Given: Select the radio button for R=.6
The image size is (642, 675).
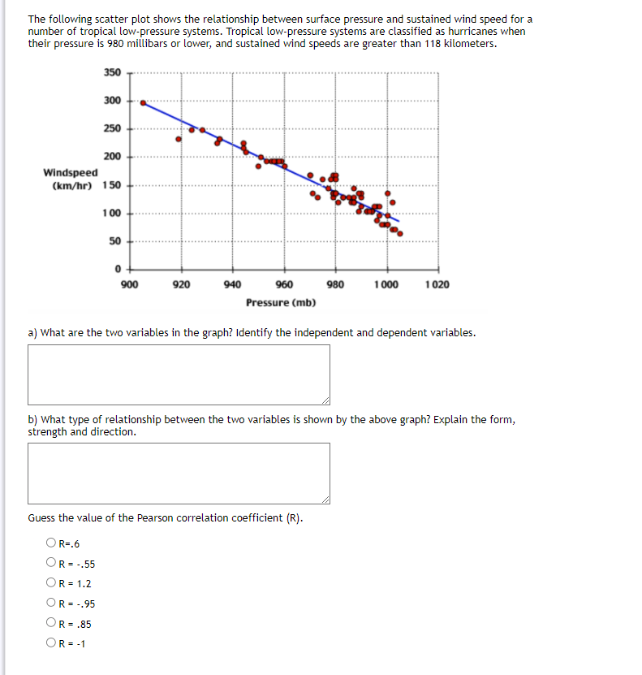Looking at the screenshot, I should tap(51, 544).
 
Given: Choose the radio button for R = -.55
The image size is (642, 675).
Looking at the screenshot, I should tap(51, 564).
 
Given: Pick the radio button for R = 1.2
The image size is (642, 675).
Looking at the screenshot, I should tap(51, 584).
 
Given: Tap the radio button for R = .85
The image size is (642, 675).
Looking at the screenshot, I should tap(51, 624).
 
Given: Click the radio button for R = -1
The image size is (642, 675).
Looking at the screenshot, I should tap(51, 644).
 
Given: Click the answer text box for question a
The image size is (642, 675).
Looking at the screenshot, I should tap(179, 374).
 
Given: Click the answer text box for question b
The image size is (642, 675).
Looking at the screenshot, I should tap(179, 473).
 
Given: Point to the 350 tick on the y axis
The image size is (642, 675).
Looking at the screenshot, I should tap(112, 72).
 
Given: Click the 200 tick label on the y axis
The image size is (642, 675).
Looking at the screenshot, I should tap(112, 156).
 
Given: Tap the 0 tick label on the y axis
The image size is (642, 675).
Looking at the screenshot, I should tap(117, 269).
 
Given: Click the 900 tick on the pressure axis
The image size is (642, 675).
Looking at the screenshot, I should tap(129, 285).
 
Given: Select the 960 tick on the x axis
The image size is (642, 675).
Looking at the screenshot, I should tap(284, 285).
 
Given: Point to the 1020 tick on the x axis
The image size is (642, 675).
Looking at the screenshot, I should tap(437, 285).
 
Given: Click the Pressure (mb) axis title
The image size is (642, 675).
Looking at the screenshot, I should tap(281, 303).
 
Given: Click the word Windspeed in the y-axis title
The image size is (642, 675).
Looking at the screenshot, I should tap(71, 172).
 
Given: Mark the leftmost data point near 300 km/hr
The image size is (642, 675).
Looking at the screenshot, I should tap(144, 103).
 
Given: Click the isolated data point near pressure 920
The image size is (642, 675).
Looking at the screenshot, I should tap(179, 139).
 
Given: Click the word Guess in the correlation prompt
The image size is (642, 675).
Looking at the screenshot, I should tap(42, 518).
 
